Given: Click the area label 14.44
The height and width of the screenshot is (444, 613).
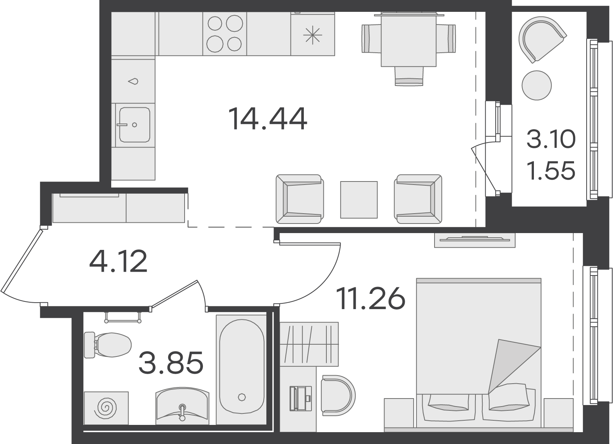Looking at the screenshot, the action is [x=268, y=119].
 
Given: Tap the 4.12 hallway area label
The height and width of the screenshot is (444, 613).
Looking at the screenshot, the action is [x=118, y=261].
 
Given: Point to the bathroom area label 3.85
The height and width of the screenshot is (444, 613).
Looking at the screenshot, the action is [x=171, y=363].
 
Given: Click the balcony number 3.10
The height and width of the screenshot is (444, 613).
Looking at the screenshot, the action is [x=551, y=139].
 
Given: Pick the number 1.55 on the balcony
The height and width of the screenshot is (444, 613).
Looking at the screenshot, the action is [x=551, y=171].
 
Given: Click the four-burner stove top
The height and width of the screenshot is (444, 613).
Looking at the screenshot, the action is [x=225, y=34].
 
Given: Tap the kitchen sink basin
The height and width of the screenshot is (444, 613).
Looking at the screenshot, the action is [x=135, y=125].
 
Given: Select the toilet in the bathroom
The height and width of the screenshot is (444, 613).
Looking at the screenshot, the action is [x=107, y=345].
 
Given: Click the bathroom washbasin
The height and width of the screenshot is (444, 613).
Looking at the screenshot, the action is [x=182, y=406].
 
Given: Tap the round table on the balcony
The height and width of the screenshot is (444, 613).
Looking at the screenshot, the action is [x=537, y=85].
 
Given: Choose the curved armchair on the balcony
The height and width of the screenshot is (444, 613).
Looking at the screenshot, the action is [x=542, y=39].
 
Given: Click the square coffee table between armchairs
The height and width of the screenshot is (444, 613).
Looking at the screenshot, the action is [x=359, y=200].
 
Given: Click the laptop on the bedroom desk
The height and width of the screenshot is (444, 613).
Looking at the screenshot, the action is [x=300, y=398].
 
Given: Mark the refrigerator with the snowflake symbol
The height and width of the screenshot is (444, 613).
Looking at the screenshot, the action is [x=313, y=34].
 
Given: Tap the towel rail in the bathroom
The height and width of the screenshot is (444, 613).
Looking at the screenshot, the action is [x=123, y=318].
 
